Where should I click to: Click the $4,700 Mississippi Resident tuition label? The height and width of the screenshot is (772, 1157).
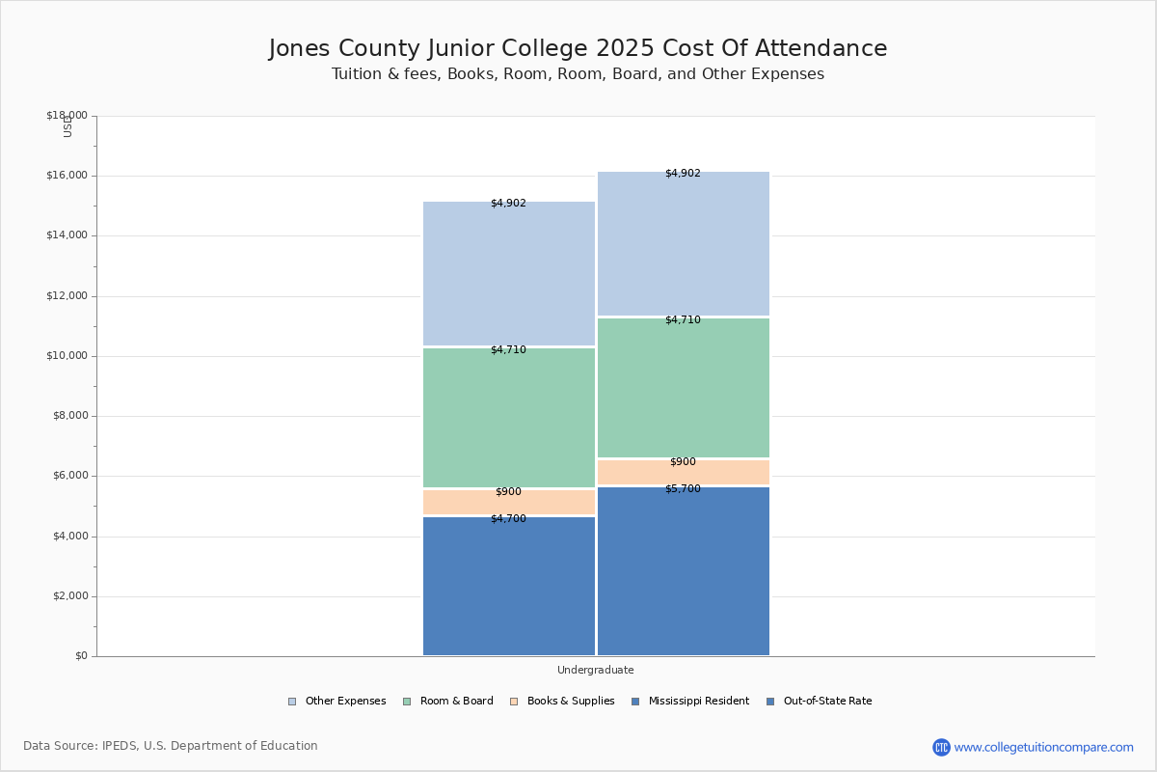508,519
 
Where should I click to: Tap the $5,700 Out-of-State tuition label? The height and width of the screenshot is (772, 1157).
683,489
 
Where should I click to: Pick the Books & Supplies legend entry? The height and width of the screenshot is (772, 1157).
563,702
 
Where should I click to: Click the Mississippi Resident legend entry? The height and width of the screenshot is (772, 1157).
689,702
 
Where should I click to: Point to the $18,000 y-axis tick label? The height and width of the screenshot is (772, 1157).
67,116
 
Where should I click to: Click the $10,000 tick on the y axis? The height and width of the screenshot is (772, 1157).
67,356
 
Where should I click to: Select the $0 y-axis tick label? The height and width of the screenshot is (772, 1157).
80,656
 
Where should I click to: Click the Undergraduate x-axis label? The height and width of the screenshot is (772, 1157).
595,670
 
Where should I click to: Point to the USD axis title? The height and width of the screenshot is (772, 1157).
67,126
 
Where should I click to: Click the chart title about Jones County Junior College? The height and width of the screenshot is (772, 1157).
578,49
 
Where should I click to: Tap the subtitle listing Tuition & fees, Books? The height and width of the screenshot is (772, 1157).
578,74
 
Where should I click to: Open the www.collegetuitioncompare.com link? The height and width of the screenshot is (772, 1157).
1043,747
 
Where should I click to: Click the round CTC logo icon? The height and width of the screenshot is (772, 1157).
941,747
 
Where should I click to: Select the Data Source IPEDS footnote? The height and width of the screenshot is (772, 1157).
171,746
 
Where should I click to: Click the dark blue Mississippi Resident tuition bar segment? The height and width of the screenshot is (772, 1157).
509,589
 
